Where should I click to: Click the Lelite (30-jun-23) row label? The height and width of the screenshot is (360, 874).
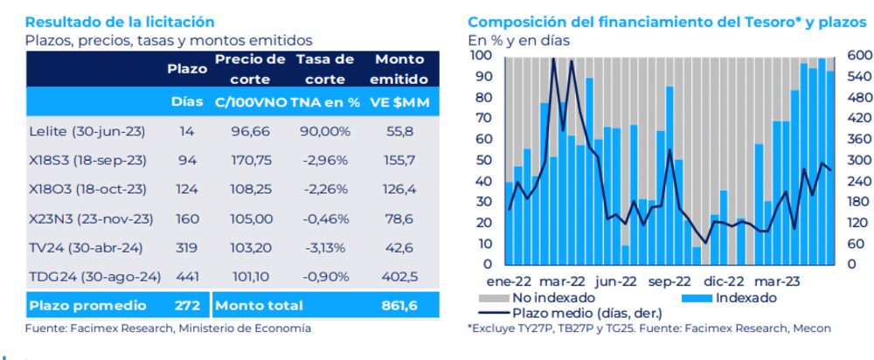(87, 131)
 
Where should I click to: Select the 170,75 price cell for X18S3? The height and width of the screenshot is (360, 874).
(249, 160)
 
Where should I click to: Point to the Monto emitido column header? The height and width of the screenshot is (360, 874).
(399, 69)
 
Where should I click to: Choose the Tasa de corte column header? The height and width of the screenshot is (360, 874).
(325, 69)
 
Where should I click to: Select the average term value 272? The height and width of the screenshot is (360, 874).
(186, 306)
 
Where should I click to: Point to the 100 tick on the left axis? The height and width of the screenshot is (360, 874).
(481, 55)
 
